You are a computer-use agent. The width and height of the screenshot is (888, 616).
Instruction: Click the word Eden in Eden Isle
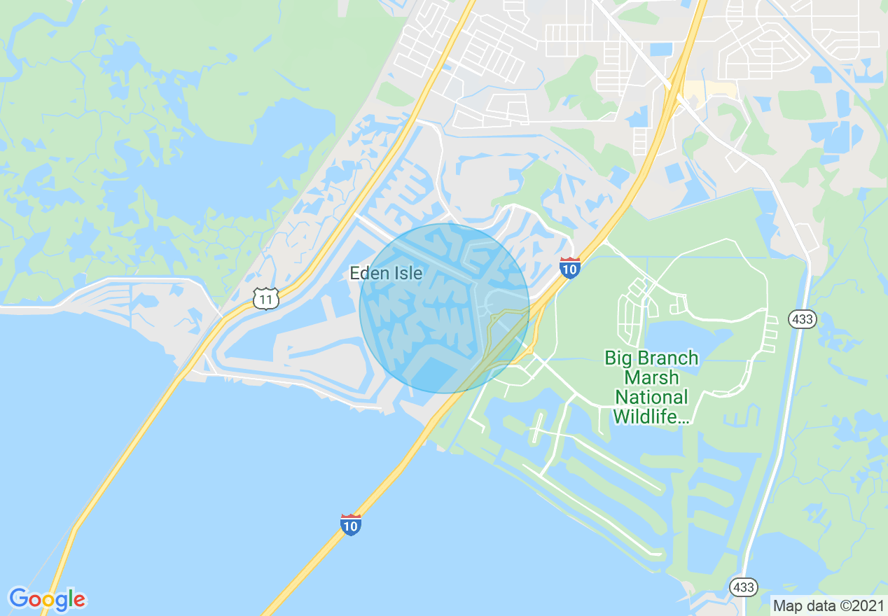(368, 273)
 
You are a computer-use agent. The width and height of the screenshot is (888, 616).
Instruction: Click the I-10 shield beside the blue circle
(570, 267)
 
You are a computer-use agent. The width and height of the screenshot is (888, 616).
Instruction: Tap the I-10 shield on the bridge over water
(351, 524)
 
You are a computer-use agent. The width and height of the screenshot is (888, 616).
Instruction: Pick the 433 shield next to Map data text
(743, 587)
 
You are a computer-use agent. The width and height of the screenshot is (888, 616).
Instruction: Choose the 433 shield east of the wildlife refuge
(801, 319)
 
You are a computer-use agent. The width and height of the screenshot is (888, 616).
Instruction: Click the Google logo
(47, 599)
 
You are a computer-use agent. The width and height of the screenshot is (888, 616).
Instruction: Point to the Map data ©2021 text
(828, 605)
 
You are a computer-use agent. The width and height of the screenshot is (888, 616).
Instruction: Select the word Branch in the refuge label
(671, 358)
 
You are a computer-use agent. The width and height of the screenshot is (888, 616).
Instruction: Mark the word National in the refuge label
(651, 398)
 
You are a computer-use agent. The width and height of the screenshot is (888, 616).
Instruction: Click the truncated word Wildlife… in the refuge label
(651, 417)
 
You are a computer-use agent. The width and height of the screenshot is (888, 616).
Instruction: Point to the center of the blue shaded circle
(445, 308)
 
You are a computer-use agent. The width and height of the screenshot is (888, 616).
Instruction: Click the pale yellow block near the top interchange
(709, 90)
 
